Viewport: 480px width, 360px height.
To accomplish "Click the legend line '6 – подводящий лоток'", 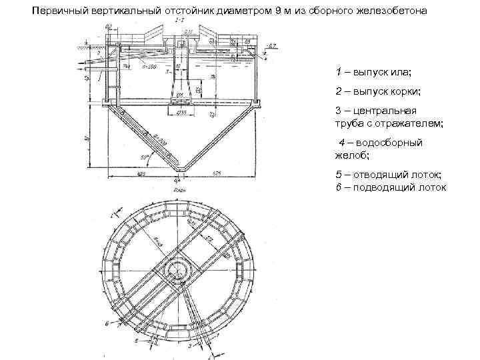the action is coord(391,187).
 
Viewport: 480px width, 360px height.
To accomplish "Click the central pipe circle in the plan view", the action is coord(179,269).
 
